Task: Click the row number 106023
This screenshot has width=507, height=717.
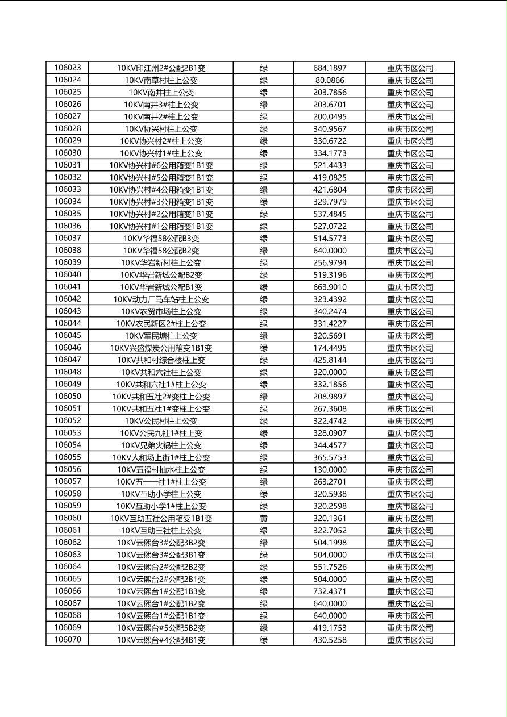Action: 68,68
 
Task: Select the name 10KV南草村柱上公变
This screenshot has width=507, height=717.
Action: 161,80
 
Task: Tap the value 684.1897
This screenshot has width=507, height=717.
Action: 330,68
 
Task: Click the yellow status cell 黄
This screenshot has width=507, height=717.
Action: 264,518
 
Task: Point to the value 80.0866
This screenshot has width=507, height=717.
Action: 330,80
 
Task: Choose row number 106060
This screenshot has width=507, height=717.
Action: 68,518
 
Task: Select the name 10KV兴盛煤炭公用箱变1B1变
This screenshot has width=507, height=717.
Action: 161,348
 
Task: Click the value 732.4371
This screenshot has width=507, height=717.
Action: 330,591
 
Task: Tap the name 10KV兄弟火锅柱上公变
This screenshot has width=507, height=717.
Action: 161,445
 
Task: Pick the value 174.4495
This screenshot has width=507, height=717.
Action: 330,348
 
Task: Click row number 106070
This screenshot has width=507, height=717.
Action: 68,640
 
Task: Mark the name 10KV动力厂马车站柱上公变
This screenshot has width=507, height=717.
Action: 161,299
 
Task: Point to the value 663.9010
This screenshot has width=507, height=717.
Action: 330,287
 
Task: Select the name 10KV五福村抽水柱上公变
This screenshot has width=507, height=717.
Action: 161,469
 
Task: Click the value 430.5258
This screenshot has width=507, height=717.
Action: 330,640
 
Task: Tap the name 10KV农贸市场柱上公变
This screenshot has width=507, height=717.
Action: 161,311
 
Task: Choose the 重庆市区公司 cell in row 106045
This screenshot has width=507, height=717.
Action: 410,336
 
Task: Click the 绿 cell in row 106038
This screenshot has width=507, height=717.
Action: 264,251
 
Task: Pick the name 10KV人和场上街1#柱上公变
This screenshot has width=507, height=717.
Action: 161,457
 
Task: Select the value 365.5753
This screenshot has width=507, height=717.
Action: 330,457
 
